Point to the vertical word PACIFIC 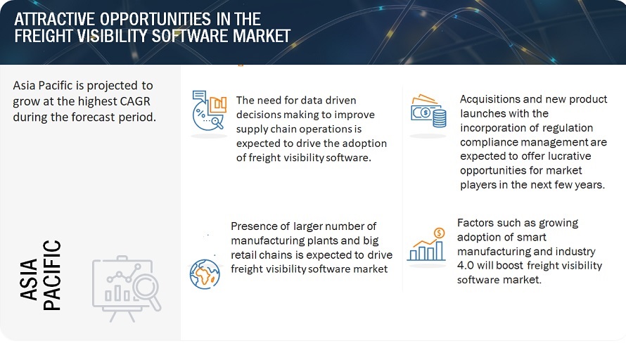tap(51, 275)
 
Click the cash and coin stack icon tap(428, 112)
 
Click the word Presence tap(255, 226)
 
